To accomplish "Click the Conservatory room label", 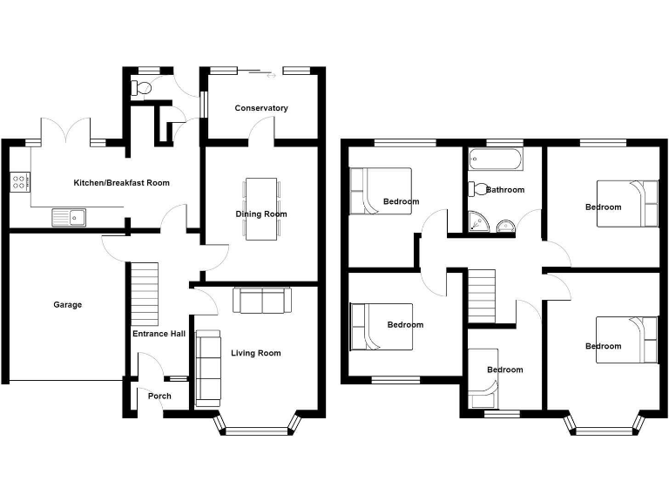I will [x=261, y=108].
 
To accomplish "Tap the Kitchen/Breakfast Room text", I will [x=122, y=183].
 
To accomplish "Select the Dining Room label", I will [x=261, y=214].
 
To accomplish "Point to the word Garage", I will [x=68, y=305].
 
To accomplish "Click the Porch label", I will [x=159, y=396].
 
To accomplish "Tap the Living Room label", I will [x=256, y=353].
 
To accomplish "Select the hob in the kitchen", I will [x=19, y=183].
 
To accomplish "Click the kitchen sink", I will [x=66, y=216].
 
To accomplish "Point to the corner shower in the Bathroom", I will [x=477, y=223].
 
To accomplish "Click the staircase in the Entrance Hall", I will [x=145, y=292].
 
